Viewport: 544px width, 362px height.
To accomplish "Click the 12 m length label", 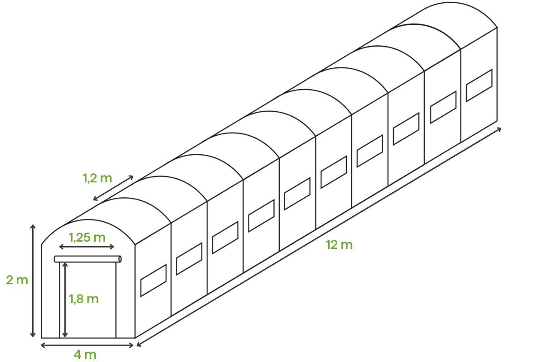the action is (339, 245).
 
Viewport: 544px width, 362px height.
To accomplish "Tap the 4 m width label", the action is (85, 355).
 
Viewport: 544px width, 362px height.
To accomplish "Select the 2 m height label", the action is (17, 280).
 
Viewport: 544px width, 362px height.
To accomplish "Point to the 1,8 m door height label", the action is (83, 299).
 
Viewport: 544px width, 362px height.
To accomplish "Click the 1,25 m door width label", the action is (87, 238).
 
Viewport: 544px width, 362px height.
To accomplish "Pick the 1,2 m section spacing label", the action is (97, 178).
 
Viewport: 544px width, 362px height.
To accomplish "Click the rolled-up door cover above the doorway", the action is (87, 259).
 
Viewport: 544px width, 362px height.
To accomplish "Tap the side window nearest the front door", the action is (154, 281).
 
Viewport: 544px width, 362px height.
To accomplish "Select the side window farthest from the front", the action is (479, 86).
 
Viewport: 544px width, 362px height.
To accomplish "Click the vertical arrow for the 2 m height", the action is (33, 281).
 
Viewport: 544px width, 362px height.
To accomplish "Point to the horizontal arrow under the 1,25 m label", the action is (87, 247).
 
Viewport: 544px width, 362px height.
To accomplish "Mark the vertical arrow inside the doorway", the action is (65, 300).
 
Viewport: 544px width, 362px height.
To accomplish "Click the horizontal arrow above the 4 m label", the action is (87, 345).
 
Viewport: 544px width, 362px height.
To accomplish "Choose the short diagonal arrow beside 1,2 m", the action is (113, 188).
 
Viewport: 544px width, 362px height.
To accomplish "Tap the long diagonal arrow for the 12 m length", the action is (319, 237).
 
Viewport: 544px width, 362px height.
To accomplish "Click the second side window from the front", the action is (189, 259).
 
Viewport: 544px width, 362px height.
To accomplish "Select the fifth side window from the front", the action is (297, 194).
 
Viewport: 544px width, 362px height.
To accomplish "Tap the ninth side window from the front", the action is (443, 107).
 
